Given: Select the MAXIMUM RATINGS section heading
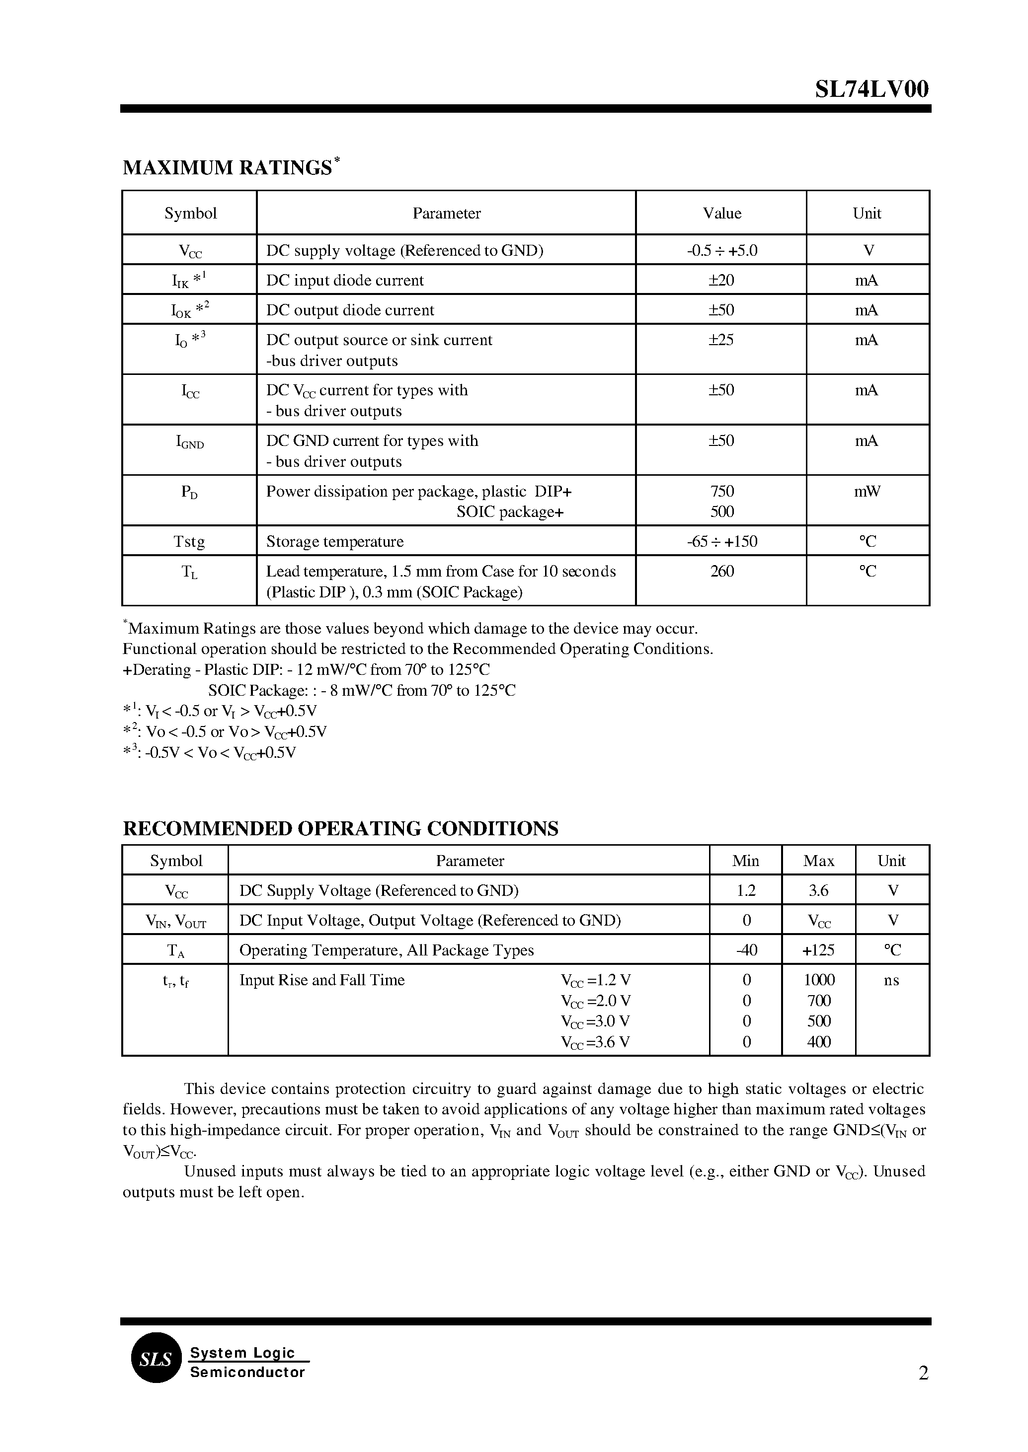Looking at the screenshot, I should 227,168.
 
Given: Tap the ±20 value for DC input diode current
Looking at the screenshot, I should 721,280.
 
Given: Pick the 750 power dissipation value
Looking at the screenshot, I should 721,491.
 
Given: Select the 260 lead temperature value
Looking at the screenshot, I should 721,571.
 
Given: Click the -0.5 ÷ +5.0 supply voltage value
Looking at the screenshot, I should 721,251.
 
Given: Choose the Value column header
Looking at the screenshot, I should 721,213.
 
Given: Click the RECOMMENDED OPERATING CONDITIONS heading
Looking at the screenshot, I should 340,828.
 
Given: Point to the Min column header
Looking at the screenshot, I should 745,861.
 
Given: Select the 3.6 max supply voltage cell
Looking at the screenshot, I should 818,891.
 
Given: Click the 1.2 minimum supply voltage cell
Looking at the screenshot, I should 746,891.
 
